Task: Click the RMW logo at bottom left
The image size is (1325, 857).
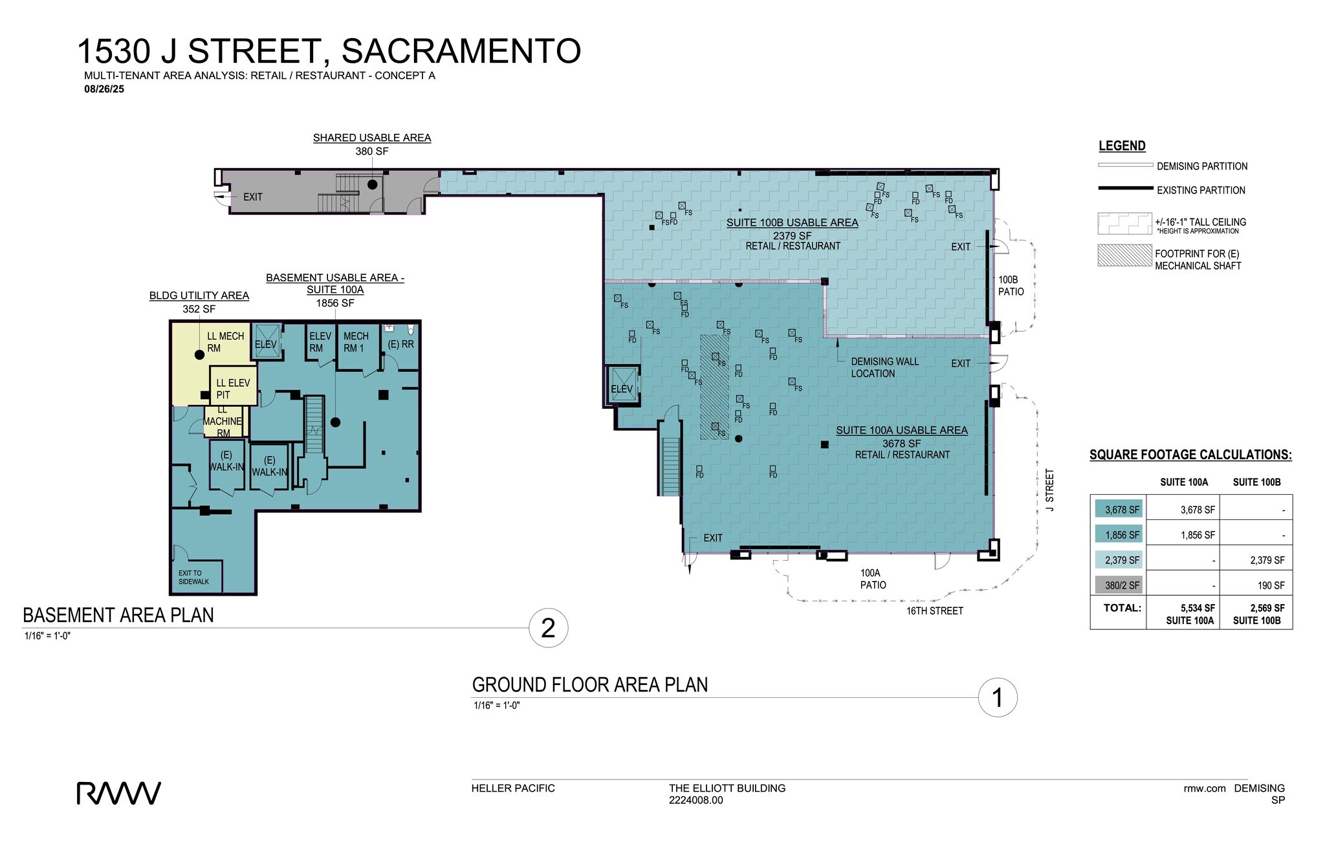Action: (119, 793)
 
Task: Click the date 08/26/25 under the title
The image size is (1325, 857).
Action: (104, 89)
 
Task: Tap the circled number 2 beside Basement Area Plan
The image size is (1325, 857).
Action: (548, 628)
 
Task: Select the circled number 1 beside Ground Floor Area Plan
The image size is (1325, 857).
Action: (997, 698)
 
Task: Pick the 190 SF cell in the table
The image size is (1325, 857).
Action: (1271, 585)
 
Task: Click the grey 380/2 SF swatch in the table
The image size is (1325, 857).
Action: (1119, 585)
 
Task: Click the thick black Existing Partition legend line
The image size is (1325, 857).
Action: (1125, 189)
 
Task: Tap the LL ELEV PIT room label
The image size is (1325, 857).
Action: (233, 389)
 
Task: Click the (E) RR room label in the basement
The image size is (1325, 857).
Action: (400, 345)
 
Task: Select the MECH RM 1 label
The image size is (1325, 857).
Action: (355, 342)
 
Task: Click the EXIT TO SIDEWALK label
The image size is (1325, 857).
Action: (193, 577)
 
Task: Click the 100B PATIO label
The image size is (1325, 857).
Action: (1011, 286)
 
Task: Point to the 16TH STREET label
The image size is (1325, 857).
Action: (934, 611)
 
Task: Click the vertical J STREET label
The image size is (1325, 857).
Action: (1050, 490)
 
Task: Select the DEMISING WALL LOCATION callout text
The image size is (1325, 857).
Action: (884, 367)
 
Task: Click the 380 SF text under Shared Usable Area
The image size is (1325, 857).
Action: (371, 151)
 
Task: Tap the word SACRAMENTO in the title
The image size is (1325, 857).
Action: (461, 51)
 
